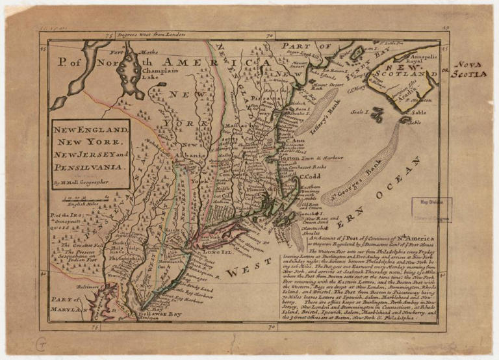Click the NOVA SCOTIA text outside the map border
[470, 70]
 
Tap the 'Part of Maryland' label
[70, 305]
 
